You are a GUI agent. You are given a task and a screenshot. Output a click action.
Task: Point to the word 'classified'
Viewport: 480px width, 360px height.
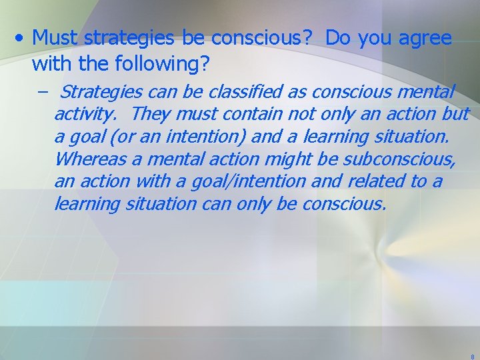point(245,91)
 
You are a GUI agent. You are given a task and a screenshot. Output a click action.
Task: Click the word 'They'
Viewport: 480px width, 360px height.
point(151,114)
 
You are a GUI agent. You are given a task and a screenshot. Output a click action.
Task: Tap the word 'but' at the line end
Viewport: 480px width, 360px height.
point(455,114)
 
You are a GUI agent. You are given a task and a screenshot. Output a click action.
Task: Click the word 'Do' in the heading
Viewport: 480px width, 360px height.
point(339,39)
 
